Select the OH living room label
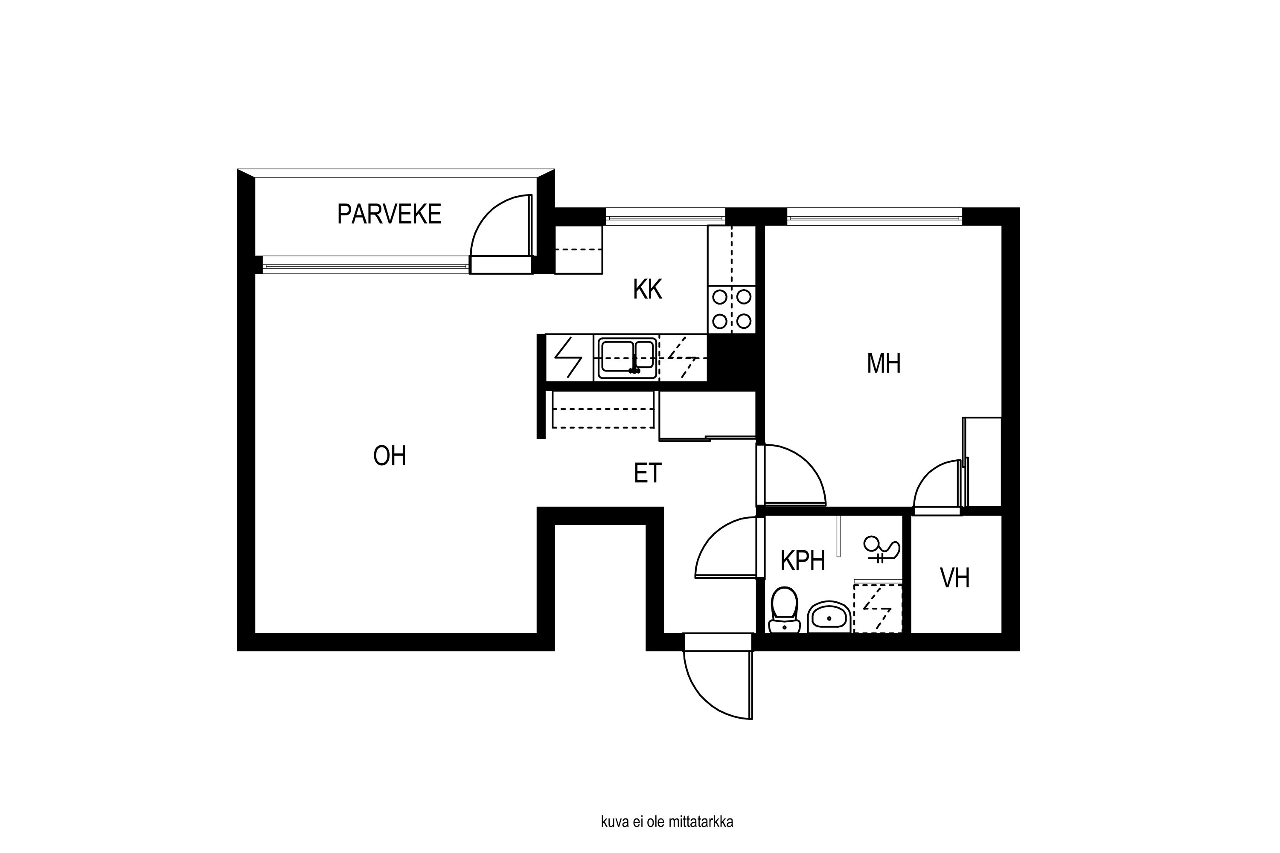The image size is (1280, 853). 390,456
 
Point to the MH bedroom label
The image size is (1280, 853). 884,363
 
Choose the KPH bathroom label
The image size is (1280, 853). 803,560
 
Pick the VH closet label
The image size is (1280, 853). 954,578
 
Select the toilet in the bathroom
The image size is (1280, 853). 784,610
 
